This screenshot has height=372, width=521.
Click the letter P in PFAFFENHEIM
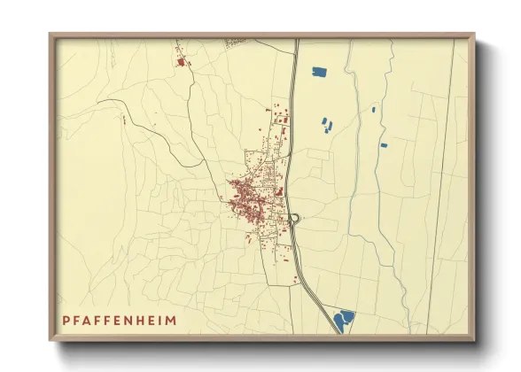coord(66,320)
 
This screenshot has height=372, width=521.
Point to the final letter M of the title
coord(170,320)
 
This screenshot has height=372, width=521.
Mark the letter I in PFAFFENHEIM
coord(160,320)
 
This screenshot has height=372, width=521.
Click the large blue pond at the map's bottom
coord(343,318)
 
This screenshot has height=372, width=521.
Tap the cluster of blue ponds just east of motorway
coord(326,125)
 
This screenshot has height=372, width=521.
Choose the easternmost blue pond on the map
coord(383,144)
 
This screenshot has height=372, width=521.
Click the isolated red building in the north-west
coord(183,62)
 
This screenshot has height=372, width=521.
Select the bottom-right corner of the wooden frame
coord(473,339)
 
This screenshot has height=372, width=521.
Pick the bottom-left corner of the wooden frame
coord(51,339)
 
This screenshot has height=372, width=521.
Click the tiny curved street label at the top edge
coord(234,42)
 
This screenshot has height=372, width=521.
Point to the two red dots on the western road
coord(124,118)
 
